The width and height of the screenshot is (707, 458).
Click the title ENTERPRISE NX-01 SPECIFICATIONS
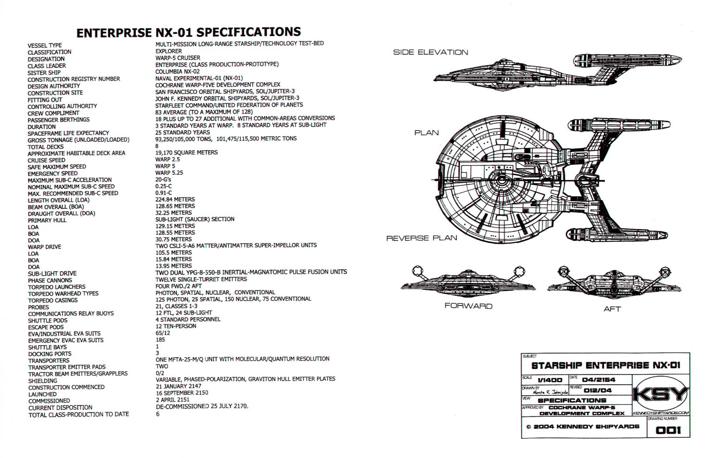point(188,32)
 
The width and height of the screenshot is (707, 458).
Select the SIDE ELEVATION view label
point(430,52)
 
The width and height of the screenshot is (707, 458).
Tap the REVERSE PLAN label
point(421,238)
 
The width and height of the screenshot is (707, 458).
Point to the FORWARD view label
point(468,306)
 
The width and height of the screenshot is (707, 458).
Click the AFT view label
point(612,309)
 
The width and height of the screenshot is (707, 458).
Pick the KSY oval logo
point(660,395)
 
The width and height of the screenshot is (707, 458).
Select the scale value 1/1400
point(550,380)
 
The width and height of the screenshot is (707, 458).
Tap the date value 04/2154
point(598,380)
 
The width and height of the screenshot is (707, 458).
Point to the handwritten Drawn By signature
point(550,392)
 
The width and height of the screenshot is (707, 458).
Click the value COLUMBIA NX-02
point(177,71)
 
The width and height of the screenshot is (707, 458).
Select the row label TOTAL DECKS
point(46,147)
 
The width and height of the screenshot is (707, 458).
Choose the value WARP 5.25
point(169,173)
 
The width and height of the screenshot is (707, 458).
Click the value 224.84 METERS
point(175,200)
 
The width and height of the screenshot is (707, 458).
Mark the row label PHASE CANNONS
point(50,280)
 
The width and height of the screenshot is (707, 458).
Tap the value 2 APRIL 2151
point(173,400)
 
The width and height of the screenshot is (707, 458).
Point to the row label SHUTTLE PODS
point(48,321)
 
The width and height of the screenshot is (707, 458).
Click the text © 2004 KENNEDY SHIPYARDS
point(583,426)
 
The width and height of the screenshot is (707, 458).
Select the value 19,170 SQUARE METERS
point(186,153)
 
